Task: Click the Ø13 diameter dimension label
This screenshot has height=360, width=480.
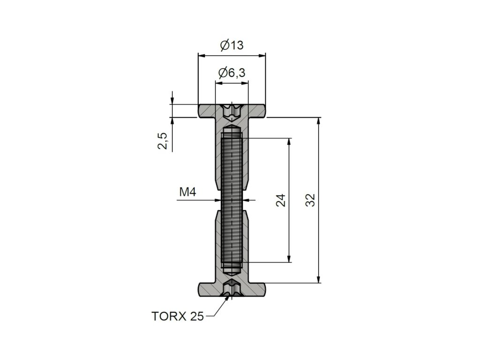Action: pos(232,45)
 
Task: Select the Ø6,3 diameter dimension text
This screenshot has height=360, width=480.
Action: pos(232,73)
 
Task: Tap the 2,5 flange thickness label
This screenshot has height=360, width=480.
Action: pos(163,141)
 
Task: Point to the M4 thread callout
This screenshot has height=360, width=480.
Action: pos(187,192)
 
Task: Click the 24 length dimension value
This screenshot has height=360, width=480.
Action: pos(280,200)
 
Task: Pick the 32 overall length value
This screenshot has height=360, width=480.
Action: pos(310,200)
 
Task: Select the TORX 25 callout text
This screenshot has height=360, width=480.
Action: pos(178,316)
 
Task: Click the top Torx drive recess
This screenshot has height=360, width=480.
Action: pos(232,111)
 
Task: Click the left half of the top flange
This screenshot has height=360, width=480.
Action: pos(209,111)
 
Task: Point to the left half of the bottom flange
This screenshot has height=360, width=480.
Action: pos(209,289)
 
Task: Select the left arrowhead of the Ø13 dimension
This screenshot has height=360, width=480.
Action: pos(201,55)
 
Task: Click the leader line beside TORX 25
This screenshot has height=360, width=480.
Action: pos(216,312)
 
